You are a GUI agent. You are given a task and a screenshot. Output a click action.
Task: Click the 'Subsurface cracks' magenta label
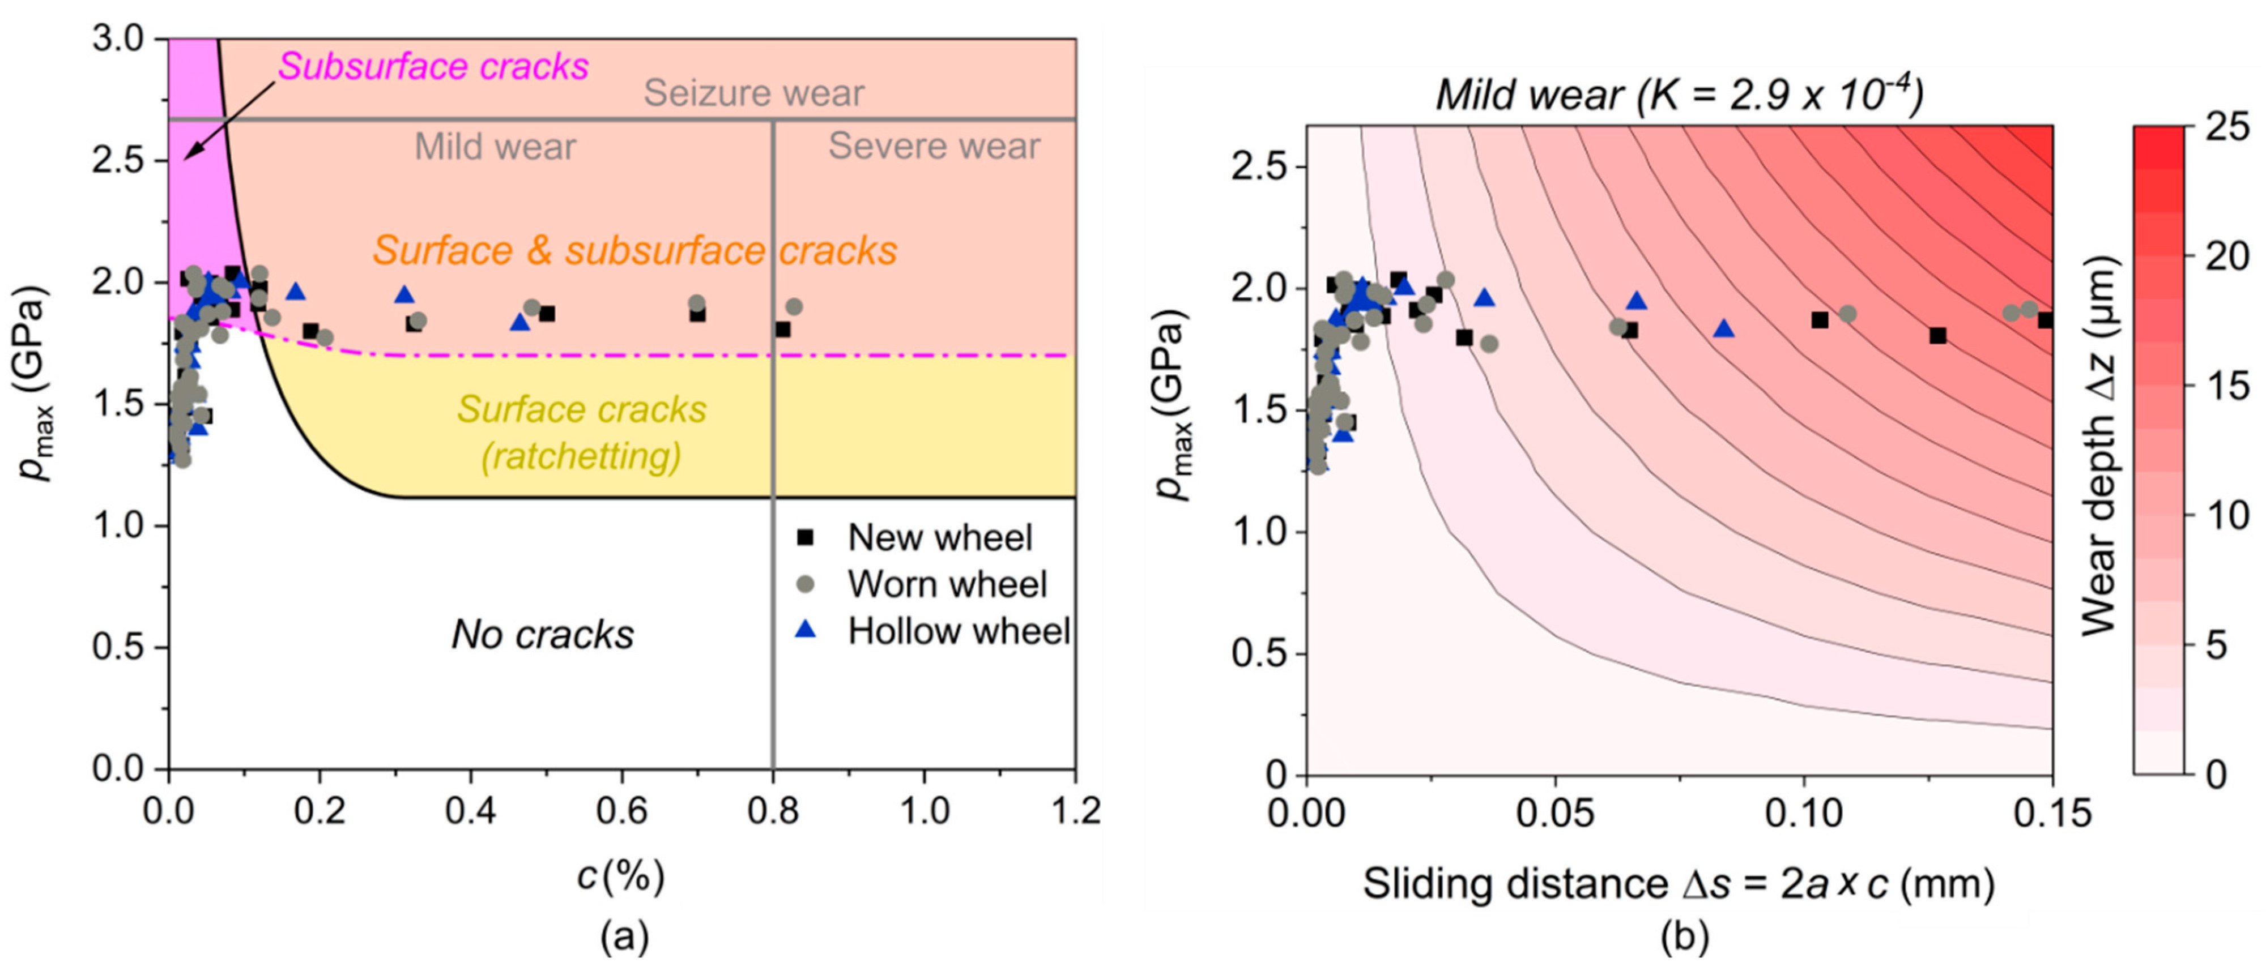pos(433,67)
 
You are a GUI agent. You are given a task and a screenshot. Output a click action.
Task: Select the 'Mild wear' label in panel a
pos(495,146)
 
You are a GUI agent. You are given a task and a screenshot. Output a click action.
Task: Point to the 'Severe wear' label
pos(934,146)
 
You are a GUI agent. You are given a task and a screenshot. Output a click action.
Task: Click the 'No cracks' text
pos(542,634)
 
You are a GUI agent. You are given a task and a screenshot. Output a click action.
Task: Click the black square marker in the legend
pos(804,537)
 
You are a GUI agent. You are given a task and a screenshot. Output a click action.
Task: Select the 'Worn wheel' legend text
pos(947,584)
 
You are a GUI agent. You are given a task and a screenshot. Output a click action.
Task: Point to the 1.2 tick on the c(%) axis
pos(1075,811)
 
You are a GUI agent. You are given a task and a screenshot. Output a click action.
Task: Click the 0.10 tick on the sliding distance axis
pos(1803,814)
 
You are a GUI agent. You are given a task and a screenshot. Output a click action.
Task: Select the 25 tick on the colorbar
pos(2228,127)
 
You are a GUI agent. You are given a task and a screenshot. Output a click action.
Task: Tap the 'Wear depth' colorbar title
pos(2100,446)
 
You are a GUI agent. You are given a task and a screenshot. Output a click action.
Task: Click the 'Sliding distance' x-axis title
pos(1679,884)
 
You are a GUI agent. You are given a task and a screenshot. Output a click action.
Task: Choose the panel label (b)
pos(1684,938)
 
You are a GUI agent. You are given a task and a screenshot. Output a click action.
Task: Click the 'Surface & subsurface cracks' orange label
pos(634,251)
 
